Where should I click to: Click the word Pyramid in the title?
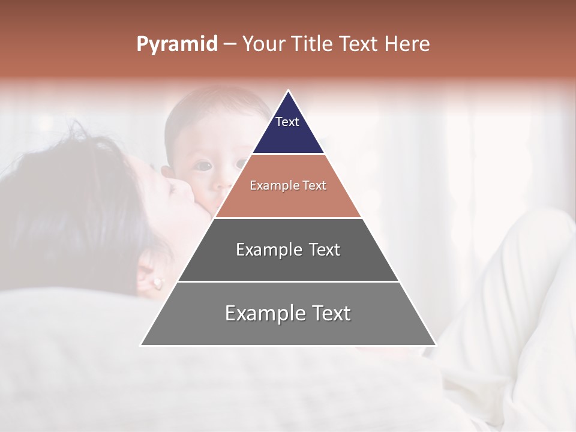177,44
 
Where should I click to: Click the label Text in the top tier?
287,122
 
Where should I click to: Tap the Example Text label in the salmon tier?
288,185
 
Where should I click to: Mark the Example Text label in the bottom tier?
288,313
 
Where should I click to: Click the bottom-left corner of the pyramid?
142,344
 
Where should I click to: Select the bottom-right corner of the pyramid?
435,344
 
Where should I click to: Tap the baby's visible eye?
205,165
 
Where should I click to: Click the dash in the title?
229,44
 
